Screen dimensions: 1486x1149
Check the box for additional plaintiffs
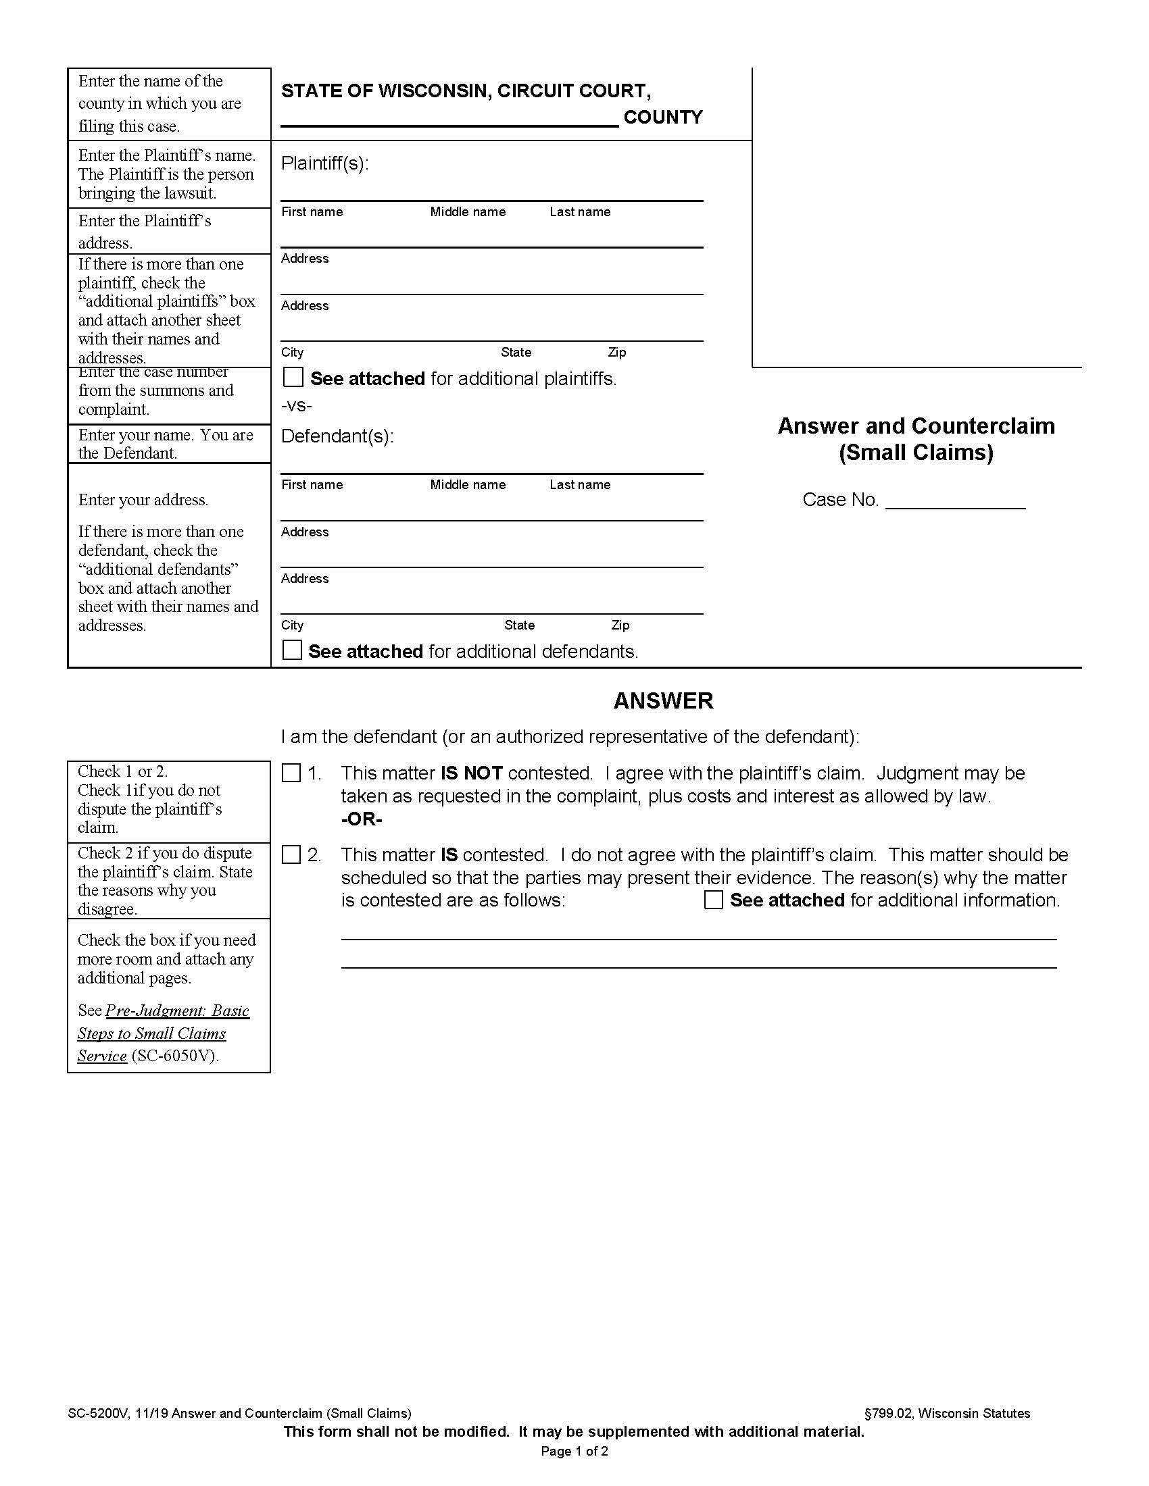[293, 378]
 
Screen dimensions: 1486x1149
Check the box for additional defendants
[292, 650]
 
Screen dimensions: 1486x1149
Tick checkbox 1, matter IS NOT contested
[291, 773]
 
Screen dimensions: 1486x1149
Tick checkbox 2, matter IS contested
[291, 854]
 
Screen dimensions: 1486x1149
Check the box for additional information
[713, 900]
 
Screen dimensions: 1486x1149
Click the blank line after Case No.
[955, 501]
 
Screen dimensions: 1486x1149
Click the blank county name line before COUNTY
[449, 118]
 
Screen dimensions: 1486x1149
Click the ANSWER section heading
[663, 701]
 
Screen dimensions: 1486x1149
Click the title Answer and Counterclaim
[916, 426]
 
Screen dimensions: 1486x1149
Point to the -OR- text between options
[362, 819]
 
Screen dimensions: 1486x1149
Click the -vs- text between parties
[296, 406]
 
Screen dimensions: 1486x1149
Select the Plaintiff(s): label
[324, 163]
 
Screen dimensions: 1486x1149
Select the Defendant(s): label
[337, 436]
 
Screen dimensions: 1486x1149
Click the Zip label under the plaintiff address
[616, 353]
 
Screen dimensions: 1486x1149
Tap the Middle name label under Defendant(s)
[468, 485]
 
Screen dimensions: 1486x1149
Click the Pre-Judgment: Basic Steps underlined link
[177, 1010]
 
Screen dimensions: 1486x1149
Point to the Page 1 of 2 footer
[574, 1452]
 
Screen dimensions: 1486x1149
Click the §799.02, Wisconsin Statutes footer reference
[947, 1413]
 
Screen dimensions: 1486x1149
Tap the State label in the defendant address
[519, 625]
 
